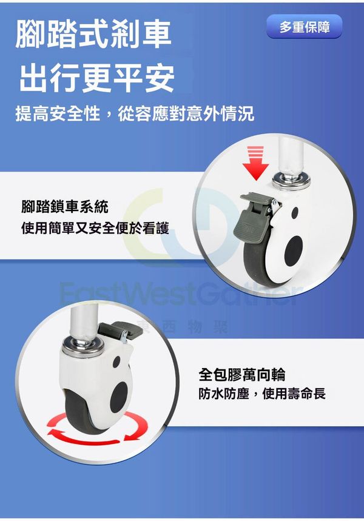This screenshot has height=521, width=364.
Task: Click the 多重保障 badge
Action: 304,26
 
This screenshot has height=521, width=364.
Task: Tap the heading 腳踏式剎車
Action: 93,34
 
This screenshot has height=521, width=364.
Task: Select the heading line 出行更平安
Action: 96,78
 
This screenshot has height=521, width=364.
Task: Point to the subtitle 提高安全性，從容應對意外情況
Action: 135,113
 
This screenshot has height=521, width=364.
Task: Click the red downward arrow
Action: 255,163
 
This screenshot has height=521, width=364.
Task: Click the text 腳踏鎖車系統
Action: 65,206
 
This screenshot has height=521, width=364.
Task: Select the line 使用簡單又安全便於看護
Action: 95,228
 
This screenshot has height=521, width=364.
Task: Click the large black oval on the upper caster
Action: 294,250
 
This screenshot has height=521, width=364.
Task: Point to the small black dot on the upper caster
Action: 294,213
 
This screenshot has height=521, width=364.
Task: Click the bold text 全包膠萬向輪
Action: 242,375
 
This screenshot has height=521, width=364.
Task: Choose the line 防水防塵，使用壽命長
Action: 262,394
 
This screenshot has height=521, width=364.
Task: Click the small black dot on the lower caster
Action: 116,362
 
